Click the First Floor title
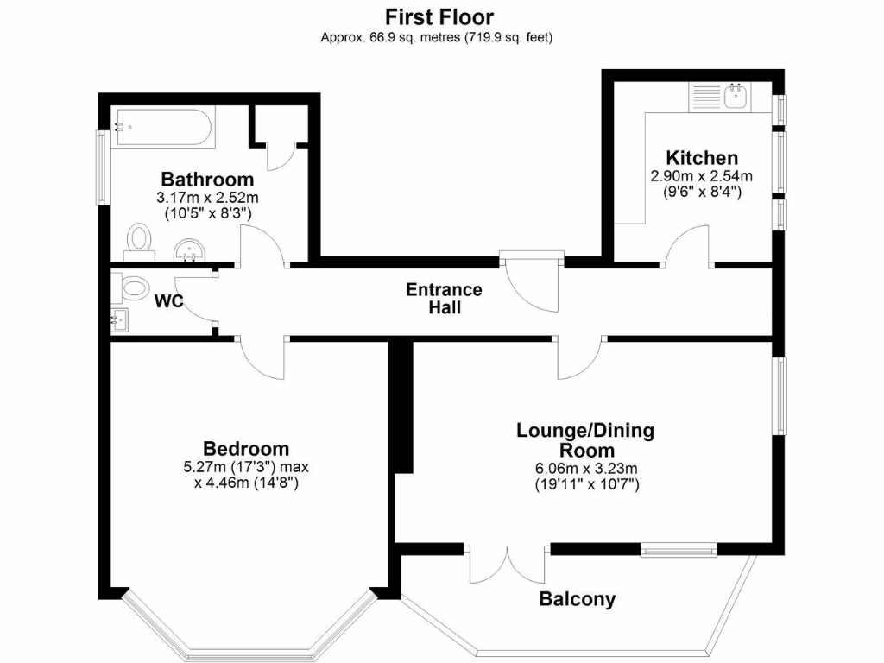(439, 16)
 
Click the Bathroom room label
(208, 180)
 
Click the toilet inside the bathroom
(138, 240)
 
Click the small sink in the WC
(120, 320)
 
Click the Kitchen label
(701, 158)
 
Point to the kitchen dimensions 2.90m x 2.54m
(701, 176)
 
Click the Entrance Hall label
(444, 298)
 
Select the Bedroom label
(246, 449)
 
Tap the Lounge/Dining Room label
(586, 439)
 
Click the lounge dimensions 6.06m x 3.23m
(586, 469)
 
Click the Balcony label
(578, 599)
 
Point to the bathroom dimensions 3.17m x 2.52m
(208, 198)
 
